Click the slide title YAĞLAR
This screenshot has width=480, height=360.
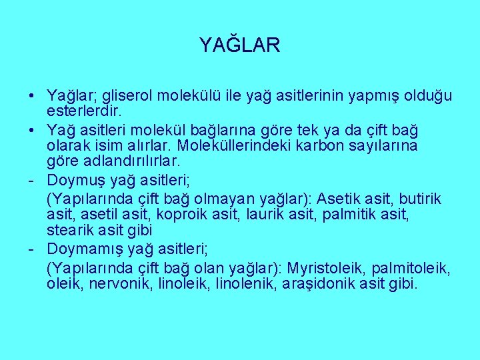tap(239, 45)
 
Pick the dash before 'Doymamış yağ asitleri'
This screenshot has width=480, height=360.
tap(31, 249)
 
